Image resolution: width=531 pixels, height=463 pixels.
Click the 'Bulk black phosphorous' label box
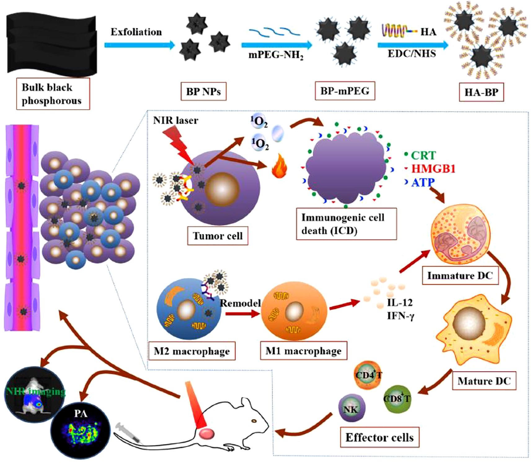(x=53, y=94)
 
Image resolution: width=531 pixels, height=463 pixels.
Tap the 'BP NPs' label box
(x=203, y=92)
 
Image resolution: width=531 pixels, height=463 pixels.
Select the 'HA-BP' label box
(x=481, y=92)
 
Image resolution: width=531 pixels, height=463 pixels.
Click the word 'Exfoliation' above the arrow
(x=136, y=32)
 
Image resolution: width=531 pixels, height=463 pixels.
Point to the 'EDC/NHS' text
(x=412, y=54)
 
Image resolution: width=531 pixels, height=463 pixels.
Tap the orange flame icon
(x=279, y=166)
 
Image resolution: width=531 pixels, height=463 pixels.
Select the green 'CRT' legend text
(x=423, y=155)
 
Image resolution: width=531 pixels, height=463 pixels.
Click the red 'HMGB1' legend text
(x=433, y=169)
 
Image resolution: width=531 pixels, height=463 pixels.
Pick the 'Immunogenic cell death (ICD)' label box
(x=346, y=224)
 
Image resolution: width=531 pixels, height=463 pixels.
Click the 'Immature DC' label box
(x=460, y=276)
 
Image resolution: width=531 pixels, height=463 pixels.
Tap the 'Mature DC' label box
(x=484, y=381)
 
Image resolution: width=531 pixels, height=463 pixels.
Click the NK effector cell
(x=351, y=409)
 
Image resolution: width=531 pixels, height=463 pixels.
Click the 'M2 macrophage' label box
(x=192, y=351)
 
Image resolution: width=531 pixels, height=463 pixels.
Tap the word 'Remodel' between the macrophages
(x=240, y=303)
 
